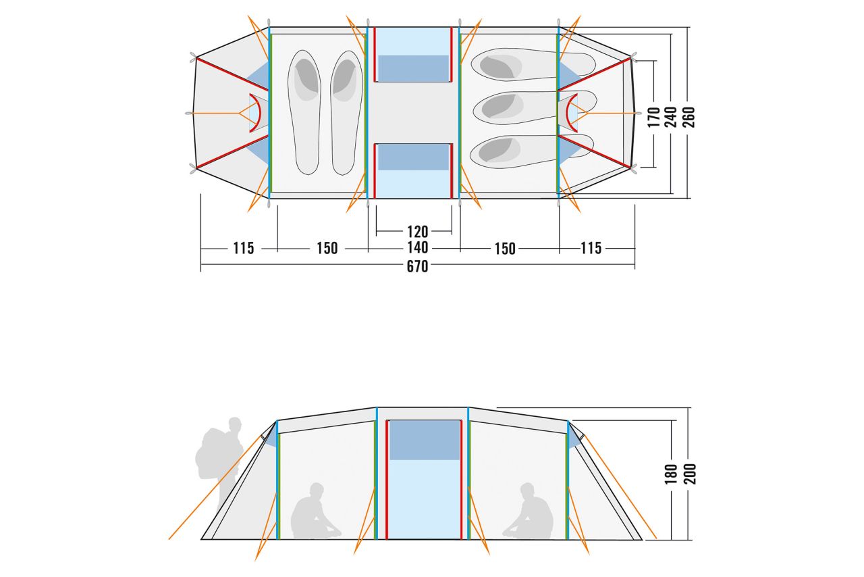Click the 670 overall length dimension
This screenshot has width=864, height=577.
click(417, 266)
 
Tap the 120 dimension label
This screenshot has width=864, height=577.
click(417, 232)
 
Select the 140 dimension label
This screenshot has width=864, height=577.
click(417, 247)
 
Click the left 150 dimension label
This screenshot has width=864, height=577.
click(327, 249)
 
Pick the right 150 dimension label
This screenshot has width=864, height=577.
click(505, 249)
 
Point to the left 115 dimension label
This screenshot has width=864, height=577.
click(244, 249)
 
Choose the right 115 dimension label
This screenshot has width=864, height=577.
click(591, 248)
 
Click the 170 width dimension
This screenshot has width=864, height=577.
click(654, 117)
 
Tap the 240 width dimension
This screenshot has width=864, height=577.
click(671, 117)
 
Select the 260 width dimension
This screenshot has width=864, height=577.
click(688, 117)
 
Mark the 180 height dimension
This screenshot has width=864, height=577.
click(671, 474)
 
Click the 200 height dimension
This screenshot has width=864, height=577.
click(689, 474)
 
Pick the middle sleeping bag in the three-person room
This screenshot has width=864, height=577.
click(535, 107)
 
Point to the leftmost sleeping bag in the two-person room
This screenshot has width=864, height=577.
click(304, 112)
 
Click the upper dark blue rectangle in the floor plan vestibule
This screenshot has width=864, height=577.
click(413, 68)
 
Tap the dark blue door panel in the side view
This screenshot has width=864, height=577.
click(425, 441)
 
